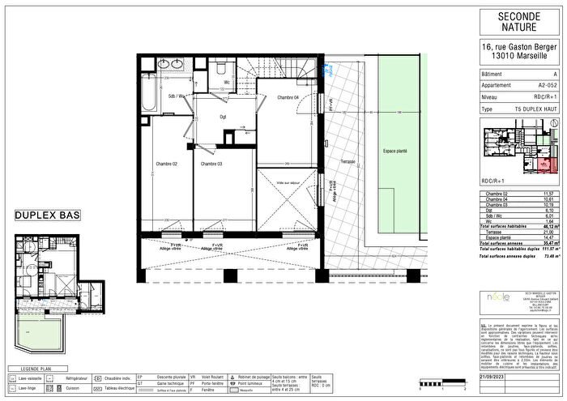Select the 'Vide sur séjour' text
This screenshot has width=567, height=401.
[x=287, y=160]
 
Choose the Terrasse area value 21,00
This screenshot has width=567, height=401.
[x=548, y=231]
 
